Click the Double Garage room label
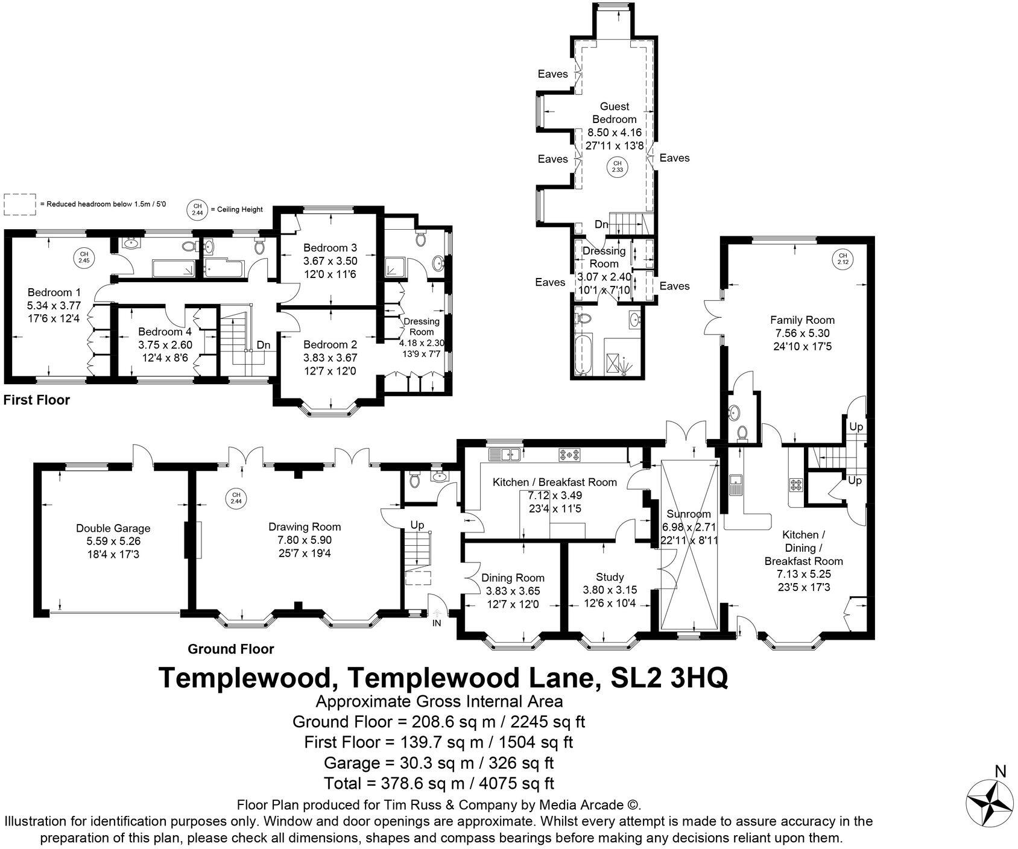pos(113,528)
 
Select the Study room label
pos(610,577)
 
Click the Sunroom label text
pos(688,514)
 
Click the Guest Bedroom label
pos(614,113)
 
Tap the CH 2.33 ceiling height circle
pos(617,166)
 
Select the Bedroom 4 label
pos(165,332)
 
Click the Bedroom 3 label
pos(330,248)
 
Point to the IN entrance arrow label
pos(437,623)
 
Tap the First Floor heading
pos(37,400)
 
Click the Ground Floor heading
pos(230,649)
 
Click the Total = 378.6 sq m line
pos(438,783)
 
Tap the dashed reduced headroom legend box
pos(20,204)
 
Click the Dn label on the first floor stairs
pos(264,345)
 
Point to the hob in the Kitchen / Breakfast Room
pos(569,455)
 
